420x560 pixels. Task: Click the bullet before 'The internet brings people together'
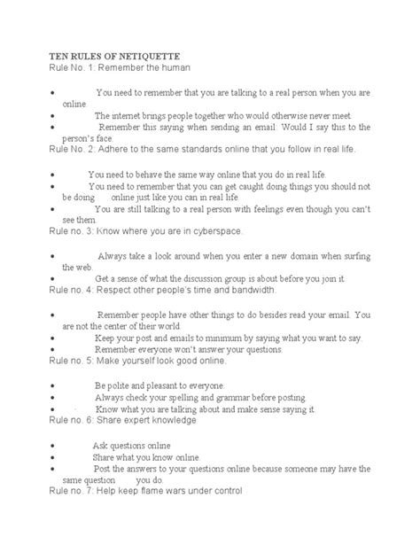point(55,115)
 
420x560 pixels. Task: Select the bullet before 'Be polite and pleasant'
point(55,385)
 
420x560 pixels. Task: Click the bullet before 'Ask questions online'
point(55,443)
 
